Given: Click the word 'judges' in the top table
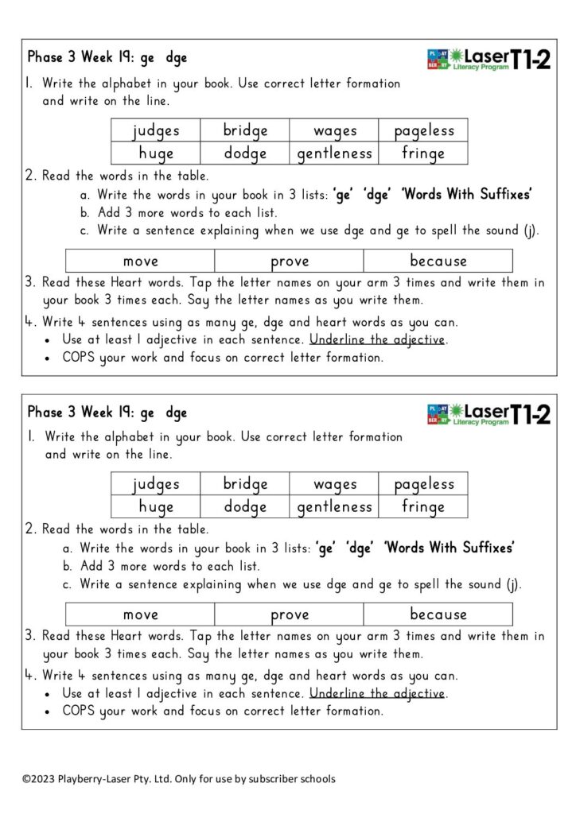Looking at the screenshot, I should (156, 130).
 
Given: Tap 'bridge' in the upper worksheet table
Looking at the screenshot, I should (245, 130).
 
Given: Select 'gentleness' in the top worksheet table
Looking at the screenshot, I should (334, 153).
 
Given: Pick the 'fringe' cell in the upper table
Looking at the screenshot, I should (423, 153).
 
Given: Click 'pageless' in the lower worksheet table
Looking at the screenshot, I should (423, 483).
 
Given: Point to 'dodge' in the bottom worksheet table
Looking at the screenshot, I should (245, 506).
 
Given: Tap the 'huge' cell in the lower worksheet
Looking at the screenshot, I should (156, 506).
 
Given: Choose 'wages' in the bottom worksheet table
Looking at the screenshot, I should (335, 483).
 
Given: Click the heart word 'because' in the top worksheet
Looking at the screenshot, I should (438, 261).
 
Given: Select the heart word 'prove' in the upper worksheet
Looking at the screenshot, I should (290, 261).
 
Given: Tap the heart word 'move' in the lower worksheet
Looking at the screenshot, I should (141, 614).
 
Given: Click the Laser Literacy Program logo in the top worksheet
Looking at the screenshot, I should (468, 59).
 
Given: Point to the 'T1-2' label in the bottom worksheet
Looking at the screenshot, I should (530, 413).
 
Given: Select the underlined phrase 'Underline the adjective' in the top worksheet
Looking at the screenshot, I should (378, 339).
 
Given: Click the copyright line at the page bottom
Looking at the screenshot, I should (178, 778).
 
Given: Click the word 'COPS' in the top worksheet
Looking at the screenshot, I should (80, 357).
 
